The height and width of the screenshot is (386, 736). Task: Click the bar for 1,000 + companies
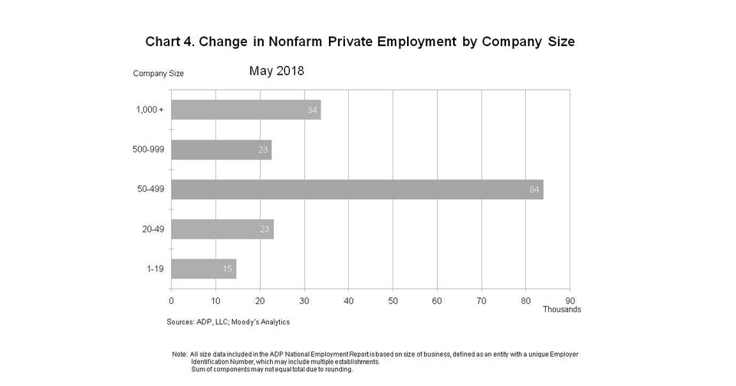(x=245, y=110)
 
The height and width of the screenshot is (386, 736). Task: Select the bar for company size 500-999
(x=221, y=150)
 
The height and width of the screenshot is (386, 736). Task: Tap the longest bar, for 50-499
(x=356, y=190)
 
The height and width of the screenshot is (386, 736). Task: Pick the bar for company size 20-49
(x=222, y=229)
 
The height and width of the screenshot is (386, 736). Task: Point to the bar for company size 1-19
(x=203, y=269)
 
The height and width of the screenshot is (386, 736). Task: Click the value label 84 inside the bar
(x=534, y=190)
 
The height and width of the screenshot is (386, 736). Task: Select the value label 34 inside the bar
(x=312, y=111)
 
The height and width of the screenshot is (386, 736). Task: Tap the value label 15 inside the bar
(x=228, y=269)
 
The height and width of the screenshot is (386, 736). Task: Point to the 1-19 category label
(x=154, y=269)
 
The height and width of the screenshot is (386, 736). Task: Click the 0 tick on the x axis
(x=171, y=300)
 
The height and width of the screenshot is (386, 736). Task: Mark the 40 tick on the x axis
(x=348, y=300)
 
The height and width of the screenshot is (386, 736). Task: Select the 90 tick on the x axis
(x=570, y=300)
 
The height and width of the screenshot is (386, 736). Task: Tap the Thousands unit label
(x=562, y=309)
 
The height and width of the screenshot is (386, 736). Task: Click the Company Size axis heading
(x=158, y=74)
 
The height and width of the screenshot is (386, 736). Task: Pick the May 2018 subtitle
(x=277, y=71)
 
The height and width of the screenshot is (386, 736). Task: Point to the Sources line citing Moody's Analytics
(x=228, y=322)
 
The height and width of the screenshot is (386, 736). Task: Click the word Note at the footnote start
(x=179, y=354)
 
